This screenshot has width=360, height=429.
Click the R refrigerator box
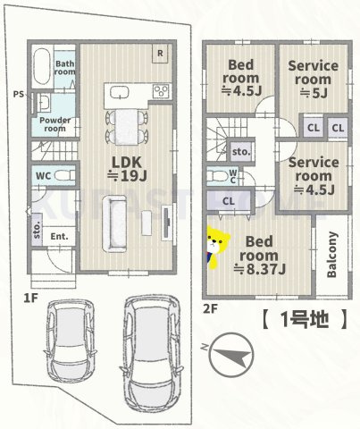159,53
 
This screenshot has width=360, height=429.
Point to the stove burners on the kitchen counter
162,90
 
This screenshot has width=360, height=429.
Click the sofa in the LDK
114,224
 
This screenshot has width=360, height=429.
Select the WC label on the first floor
42,176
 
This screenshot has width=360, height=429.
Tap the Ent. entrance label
60,235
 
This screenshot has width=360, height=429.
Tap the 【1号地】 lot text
303,320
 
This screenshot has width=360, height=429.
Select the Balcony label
331,256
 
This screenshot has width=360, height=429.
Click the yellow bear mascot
215,247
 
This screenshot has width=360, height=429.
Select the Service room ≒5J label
312,78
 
